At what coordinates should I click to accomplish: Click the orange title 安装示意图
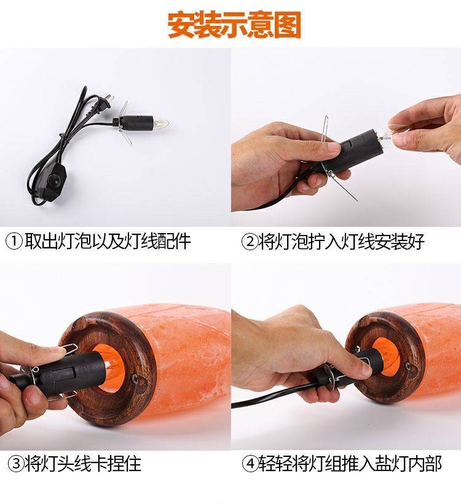(x=234, y=25)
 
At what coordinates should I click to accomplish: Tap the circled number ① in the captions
(x=14, y=241)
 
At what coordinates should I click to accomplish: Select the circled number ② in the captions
(x=250, y=241)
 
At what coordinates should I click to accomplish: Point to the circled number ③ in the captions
(x=16, y=463)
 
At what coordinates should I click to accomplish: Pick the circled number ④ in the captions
(x=250, y=463)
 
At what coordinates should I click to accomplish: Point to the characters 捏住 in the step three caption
(x=125, y=463)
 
